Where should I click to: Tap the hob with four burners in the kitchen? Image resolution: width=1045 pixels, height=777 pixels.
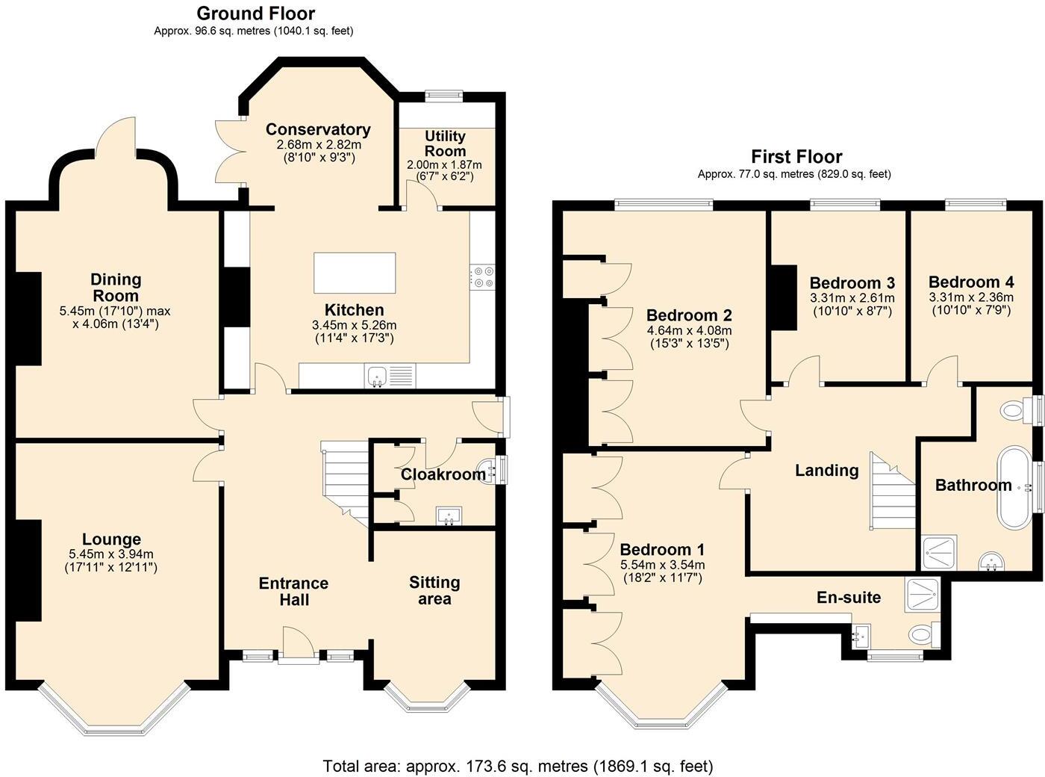[x=483, y=276]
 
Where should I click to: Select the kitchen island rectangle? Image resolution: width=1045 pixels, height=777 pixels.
[x=355, y=273]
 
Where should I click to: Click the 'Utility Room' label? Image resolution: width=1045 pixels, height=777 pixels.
[x=445, y=143]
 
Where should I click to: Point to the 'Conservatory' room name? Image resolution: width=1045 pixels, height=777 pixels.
[x=318, y=129]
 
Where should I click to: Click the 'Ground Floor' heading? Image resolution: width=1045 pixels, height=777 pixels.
[x=255, y=13]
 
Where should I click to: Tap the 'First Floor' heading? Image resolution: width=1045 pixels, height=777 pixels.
[x=796, y=156]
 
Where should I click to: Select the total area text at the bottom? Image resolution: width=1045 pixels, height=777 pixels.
[x=518, y=766]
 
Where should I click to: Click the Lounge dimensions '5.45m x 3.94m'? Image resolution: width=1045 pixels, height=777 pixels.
[x=111, y=554]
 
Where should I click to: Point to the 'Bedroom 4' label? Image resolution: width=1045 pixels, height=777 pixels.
[x=970, y=282]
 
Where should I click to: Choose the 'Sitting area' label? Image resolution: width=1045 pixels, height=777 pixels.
[x=434, y=590]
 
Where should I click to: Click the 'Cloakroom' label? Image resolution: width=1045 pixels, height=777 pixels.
[x=443, y=474]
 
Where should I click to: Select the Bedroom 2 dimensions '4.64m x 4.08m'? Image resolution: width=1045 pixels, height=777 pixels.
[x=688, y=329]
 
